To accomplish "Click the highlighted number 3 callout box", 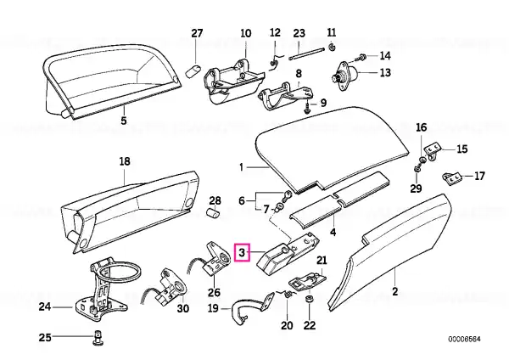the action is (242, 252).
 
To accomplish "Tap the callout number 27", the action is (197, 33).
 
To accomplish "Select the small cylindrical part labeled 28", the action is (213, 213).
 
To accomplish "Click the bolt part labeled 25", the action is (98, 338).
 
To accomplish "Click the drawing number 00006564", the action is (464, 340).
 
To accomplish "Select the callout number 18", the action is (125, 161).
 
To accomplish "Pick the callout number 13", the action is (385, 72).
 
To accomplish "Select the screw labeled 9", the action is (307, 108).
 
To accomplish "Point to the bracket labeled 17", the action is (451, 178).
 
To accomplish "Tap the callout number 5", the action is (124, 121).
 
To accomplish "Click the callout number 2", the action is (394, 291).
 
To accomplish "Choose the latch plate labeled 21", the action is (307, 282).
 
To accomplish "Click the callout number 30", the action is (182, 307).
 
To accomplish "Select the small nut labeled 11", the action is (332, 47).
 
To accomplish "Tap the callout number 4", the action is (333, 232).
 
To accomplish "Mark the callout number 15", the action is (462, 149).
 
